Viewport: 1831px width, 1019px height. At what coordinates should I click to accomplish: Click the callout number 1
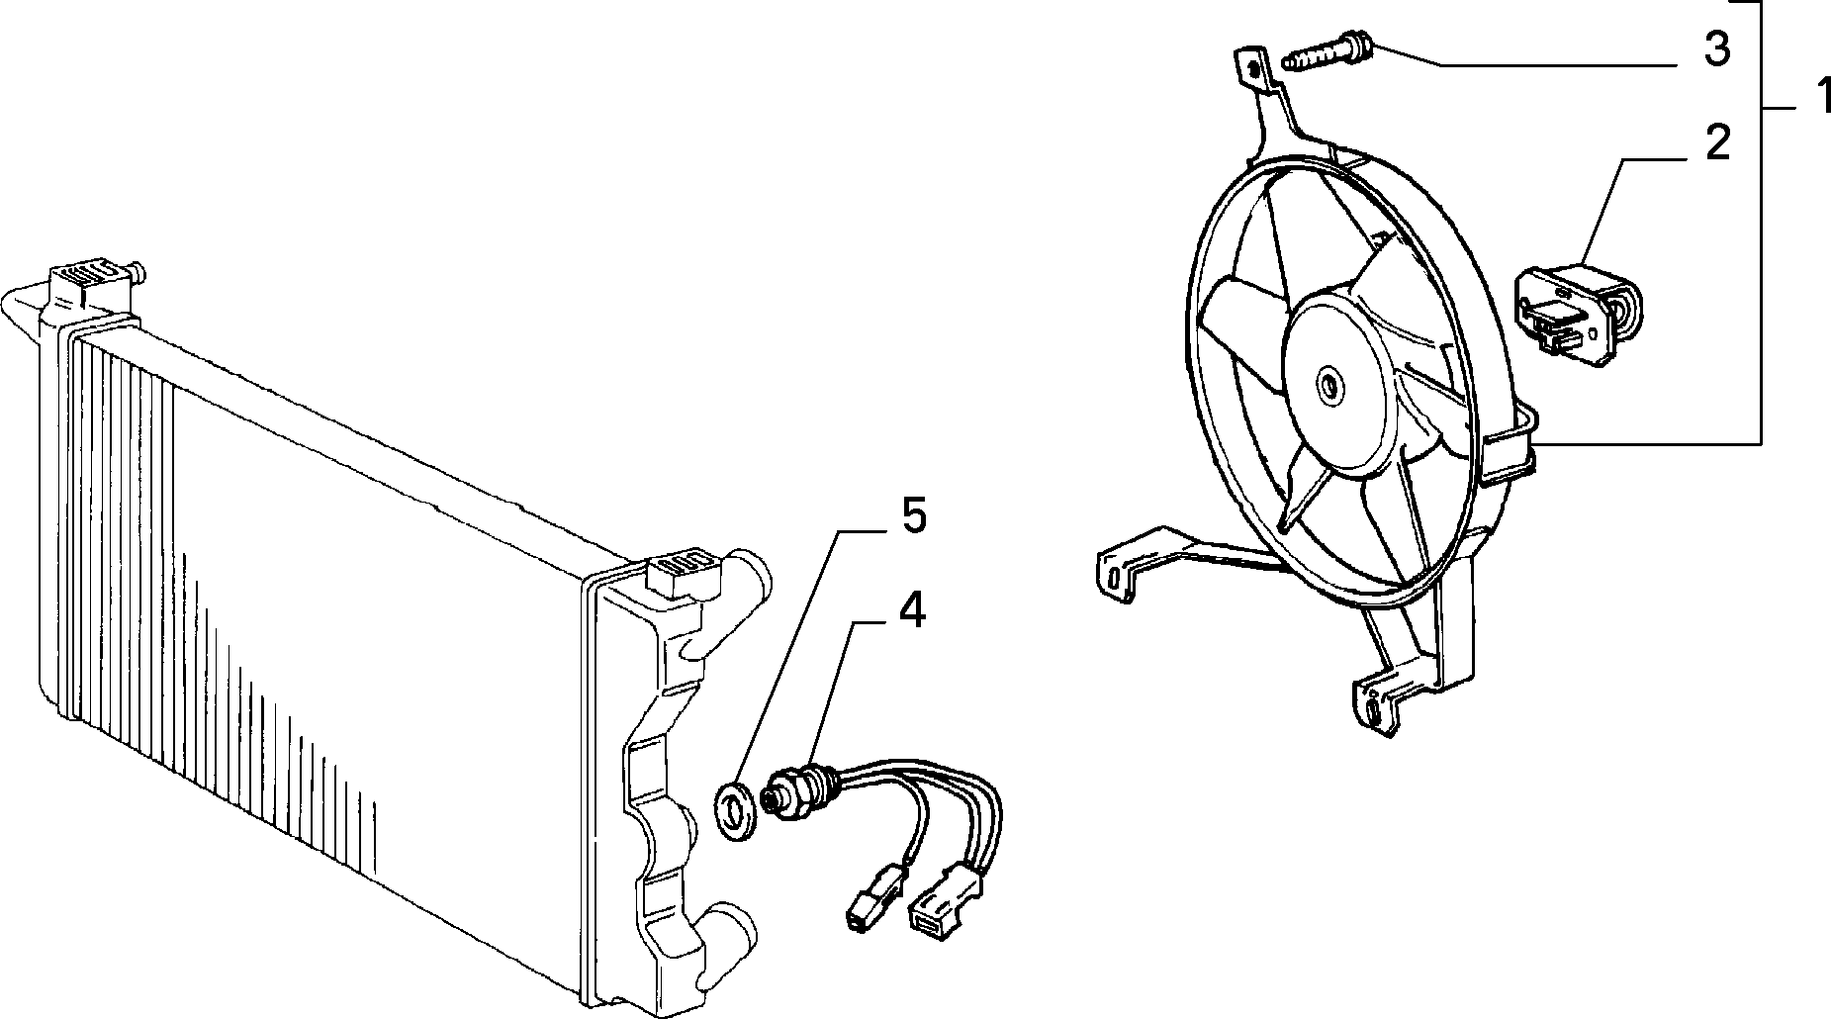pos(1815,102)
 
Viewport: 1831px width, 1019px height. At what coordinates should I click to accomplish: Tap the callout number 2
pos(1718,143)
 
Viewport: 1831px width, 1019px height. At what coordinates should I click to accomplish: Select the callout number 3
pos(1718,48)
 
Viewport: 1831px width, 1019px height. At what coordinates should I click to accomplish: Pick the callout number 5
pos(911,517)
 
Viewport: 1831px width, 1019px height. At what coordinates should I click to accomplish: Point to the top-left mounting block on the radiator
pos(90,281)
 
